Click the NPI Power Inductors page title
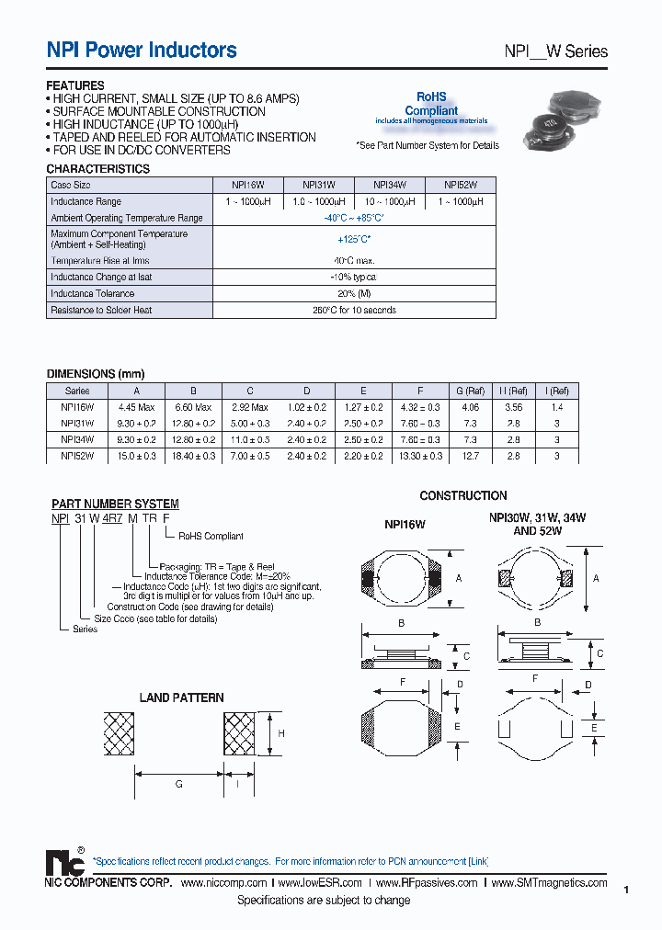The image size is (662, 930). (x=142, y=51)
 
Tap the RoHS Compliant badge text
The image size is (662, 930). (x=431, y=104)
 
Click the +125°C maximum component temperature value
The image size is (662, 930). (x=354, y=240)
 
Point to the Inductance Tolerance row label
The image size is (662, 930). (x=93, y=294)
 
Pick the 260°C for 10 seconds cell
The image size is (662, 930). (x=354, y=311)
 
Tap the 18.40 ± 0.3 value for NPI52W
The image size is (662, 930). (x=192, y=457)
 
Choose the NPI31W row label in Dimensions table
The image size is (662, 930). (x=78, y=424)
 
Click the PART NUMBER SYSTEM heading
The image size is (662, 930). (x=115, y=504)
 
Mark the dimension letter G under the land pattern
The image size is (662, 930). (x=178, y=784)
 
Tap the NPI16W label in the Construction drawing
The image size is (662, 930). (x=405, y=526)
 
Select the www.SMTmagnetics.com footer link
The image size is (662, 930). (x=549, y=883)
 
